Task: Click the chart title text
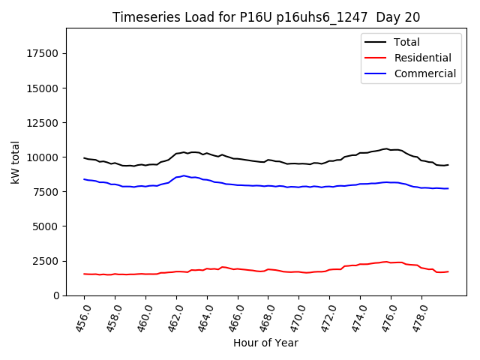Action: [x=266, y=17]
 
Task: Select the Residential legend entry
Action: [x=422, y=58]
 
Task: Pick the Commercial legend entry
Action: [x=424, y=73]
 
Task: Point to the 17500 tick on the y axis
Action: [x=43, y=53]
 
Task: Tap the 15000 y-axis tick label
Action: [x=43, y=88]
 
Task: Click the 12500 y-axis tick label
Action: [x=43, y=122]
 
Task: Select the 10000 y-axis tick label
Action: [x=43, y=157]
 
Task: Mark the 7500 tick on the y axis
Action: [x=46, y=191]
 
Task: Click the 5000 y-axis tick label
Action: [x=46, y=226]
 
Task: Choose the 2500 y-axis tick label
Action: [x=46, y=261]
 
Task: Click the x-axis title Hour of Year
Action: [x=265, y=343]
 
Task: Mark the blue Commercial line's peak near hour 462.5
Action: [x=184, y=175]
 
